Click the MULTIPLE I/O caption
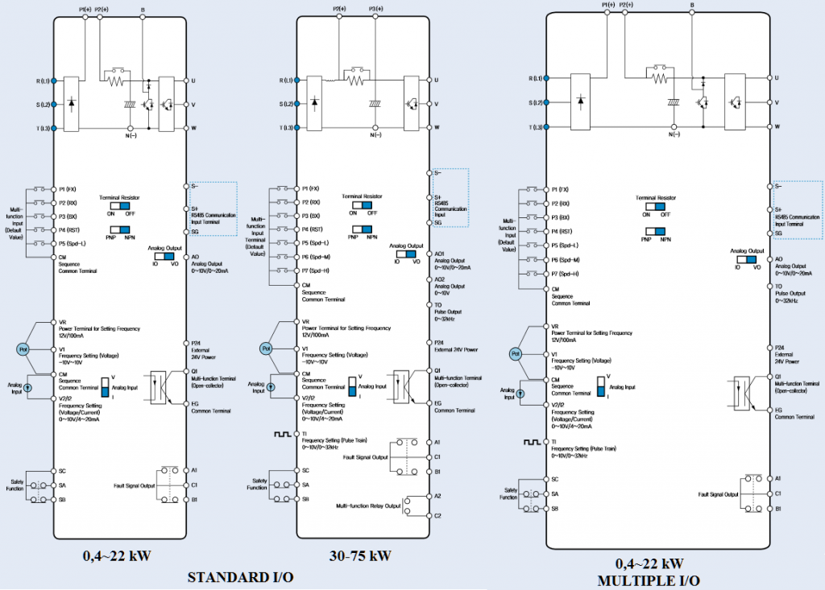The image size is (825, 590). (649, 580)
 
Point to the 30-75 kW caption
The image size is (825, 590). (360, 555)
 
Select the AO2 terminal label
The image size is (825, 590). (441, 278)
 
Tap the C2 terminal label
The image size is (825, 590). (438, 515)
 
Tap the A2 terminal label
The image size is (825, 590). (438, 496)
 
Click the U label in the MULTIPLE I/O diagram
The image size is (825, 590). (777, 77)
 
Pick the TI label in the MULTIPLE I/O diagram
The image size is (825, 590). (554, 442)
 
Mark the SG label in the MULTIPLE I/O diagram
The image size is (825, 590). (778, 233)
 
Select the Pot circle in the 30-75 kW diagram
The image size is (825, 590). (267, 349)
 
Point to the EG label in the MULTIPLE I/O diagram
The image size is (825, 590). (779, 410)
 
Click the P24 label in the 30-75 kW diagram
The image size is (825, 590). (440, 342)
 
